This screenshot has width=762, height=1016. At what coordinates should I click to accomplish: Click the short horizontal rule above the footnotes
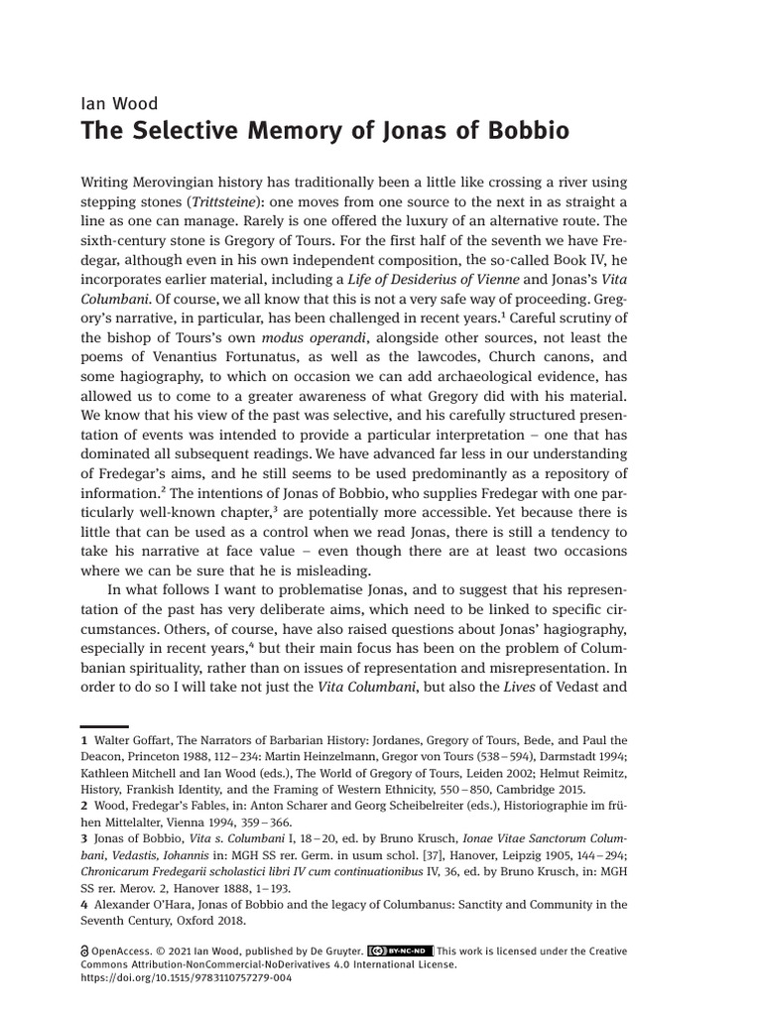pyautogui.click(x=103, y=727)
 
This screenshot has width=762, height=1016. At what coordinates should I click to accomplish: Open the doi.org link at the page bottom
pyautogui.click(x=184, y=978)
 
